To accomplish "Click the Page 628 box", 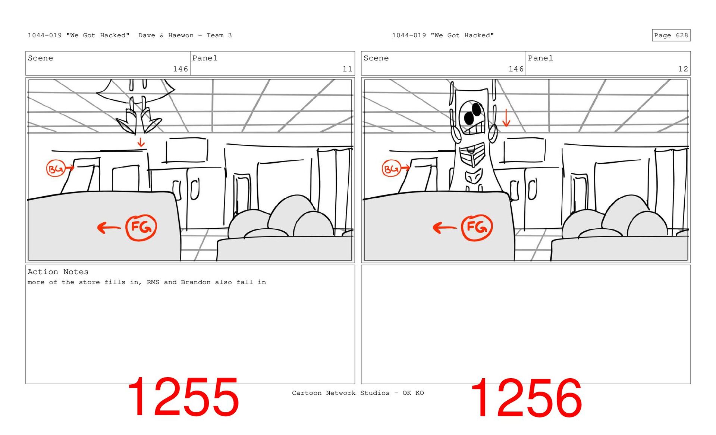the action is (x=671, y=35).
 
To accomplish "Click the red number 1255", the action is (x=183, y=397).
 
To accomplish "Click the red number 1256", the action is (x=526, y=398).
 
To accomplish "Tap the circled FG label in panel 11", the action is (x=141, y=228).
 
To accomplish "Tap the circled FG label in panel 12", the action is (x=477, y=228).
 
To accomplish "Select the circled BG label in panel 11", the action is (x=56, y=169).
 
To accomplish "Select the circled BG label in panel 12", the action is (x=391, y=169).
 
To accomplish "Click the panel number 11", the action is (x=347, y=69).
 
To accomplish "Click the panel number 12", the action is (x=683, y=69).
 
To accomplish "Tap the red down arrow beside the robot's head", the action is (x=506, y=118).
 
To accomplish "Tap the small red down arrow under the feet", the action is (x=141, y=142).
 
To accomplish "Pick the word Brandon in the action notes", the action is (x=196, y=282).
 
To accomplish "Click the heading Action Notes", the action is (x=58, y=272).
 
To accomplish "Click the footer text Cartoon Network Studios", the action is (x=340, y=393).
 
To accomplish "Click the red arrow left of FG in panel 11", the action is (x=109, y=227).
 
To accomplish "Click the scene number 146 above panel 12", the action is (x=516, y=69).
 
